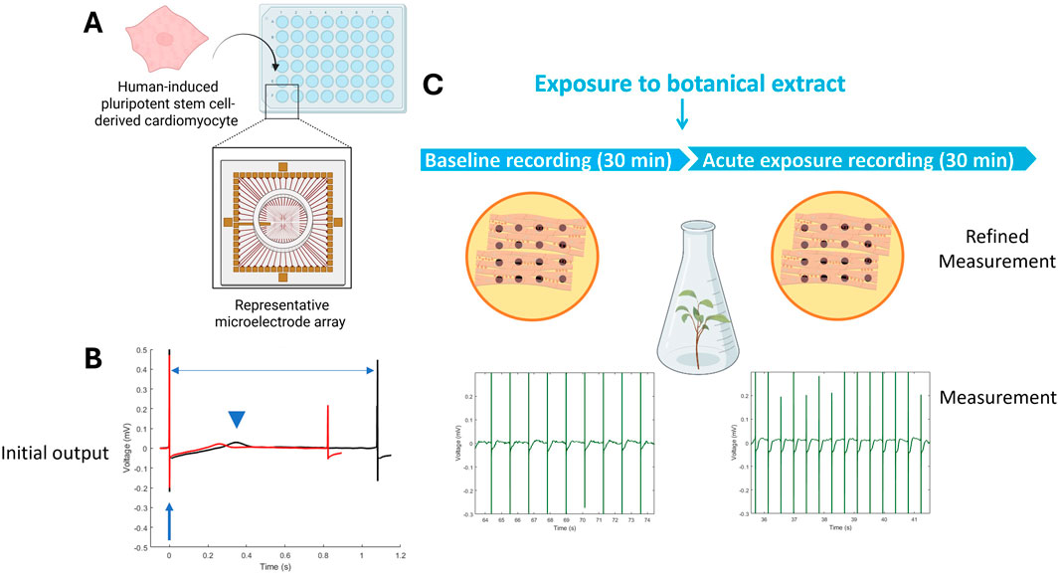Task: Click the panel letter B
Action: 96,358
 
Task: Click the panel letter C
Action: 434,85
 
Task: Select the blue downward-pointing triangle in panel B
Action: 236,420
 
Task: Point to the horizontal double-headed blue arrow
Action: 272,371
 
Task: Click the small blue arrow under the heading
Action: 682,118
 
